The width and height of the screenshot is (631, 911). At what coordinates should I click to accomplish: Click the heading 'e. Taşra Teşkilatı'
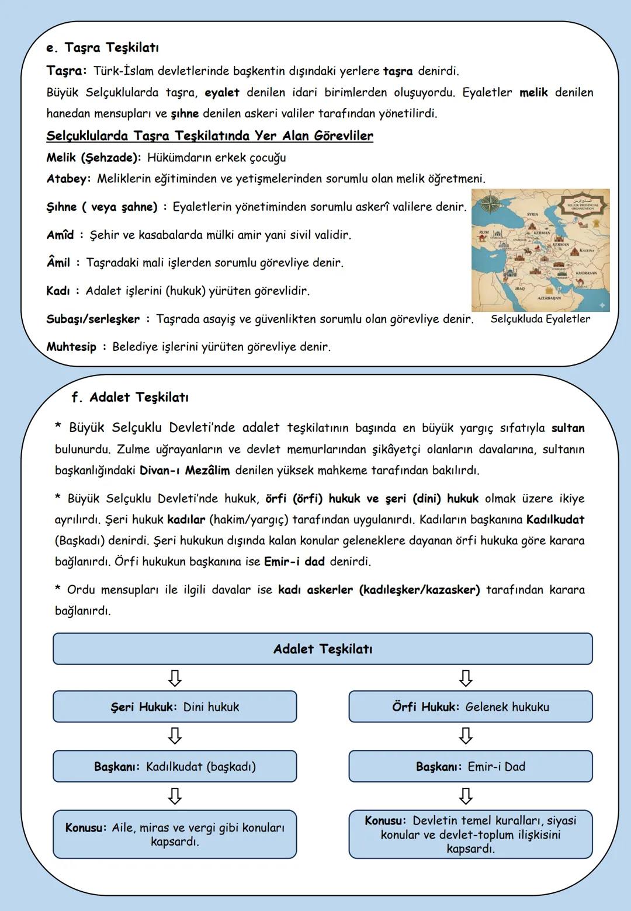coord(102,47)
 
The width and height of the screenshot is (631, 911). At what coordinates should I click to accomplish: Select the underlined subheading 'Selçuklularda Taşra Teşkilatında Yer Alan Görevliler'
coord(209,136)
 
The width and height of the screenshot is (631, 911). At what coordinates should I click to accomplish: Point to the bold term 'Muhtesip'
coord(71,347)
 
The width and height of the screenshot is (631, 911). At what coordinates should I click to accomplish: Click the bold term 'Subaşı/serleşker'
coord(93,319)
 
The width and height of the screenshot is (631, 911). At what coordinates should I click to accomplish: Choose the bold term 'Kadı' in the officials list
coord(58,291)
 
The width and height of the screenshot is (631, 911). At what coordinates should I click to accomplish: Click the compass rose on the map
coord(490,204)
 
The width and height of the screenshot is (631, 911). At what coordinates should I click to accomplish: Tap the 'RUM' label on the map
coord(484,232)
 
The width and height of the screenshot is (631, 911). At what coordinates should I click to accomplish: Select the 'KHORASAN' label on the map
coord(585,273)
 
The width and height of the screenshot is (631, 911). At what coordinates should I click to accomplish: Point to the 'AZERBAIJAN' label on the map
coord(549,298)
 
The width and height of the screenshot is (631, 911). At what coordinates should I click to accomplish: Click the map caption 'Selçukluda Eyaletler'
coord(540,319)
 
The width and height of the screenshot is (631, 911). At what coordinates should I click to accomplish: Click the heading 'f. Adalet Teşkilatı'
coord(130,398)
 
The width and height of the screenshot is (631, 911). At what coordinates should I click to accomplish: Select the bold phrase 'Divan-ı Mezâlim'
coord(185,470)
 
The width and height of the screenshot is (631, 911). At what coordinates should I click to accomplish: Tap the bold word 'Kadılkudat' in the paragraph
coord(554,519)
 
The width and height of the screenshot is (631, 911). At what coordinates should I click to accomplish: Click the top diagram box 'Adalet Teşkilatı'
coord(323,649)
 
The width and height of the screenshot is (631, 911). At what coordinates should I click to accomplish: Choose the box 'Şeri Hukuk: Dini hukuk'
coord(175,707)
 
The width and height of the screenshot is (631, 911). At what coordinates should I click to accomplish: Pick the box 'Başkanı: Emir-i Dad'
coord(470,766)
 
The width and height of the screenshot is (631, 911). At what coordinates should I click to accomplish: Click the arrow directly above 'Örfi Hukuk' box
coord(466,678)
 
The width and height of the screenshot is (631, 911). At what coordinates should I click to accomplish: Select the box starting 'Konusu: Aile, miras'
coord(175,834)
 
